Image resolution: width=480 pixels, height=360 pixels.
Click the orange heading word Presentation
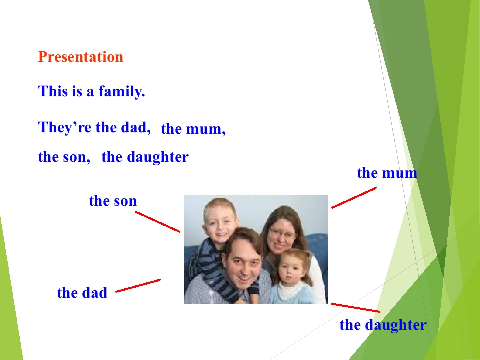tap(81, 57)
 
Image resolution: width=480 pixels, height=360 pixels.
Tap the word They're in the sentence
tap(65, 127)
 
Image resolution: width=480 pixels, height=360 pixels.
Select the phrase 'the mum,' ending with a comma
tap(193, 129)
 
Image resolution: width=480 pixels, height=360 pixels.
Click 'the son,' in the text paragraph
tap(64, 157)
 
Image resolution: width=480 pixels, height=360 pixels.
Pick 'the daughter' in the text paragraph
tap(145, 157)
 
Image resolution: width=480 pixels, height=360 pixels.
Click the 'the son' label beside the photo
tap(113, 201)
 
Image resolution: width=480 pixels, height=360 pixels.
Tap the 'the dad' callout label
tap(82, 292)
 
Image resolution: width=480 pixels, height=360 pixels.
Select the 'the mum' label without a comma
tap(387, 173)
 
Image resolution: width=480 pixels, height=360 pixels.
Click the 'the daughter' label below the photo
tap(383, 325)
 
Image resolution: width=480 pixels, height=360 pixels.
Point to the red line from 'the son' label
tap(158, 222)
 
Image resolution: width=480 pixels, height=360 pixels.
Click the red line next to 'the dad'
tap(138, 286)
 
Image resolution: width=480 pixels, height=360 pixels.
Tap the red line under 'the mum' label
tap(354, 198)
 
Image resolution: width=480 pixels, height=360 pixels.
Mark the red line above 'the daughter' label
tap(356, 308)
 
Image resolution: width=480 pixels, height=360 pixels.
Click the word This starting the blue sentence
tap(53, 91)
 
